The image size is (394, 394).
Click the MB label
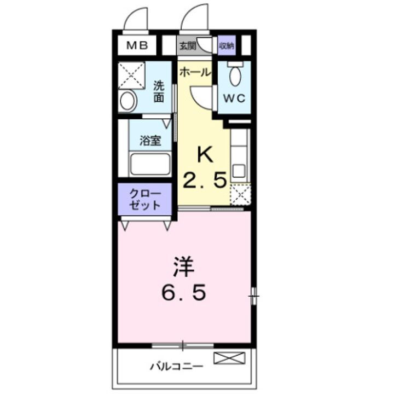click(137, 46)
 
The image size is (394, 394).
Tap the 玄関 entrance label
click(187, 46)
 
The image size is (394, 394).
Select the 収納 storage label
click(227, 46)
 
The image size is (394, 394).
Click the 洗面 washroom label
click(159, 91)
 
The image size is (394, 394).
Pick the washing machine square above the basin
click(131, 75)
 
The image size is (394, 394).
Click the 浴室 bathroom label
click(150, 140)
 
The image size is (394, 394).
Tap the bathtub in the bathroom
click(149, 164)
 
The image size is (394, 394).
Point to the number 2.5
click(204, 181)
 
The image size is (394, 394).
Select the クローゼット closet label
click(145, 199)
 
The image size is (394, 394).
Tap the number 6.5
click(184, 293)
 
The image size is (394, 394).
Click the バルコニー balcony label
click(169, 366)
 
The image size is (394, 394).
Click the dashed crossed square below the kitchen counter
click(240, 195)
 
